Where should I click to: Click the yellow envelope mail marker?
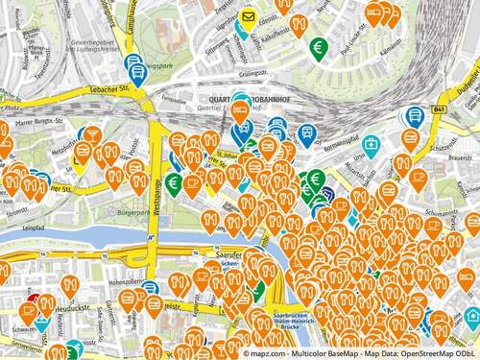[250, 18]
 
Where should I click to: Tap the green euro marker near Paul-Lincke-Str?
[318, 47]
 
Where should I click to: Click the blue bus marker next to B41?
[415, 116]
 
